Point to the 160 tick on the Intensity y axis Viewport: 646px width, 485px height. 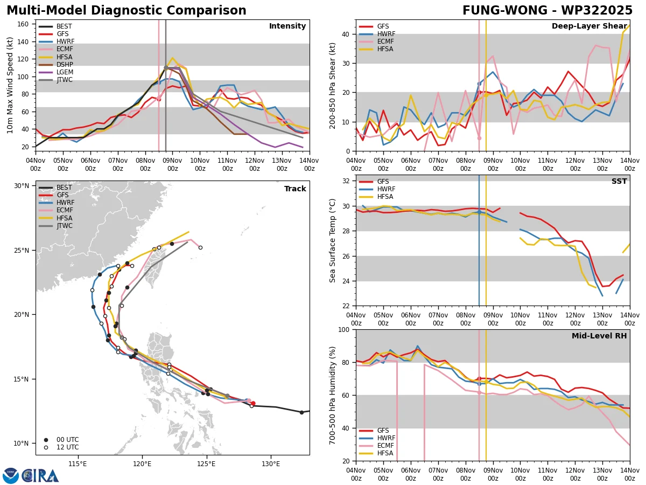click(23, 24)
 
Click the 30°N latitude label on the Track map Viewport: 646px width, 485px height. click(22, 186)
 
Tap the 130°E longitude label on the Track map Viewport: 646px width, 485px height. click(271, 464)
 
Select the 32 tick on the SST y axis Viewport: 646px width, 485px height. click(346, 181)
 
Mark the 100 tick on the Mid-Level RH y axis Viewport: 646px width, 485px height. click(345, 329)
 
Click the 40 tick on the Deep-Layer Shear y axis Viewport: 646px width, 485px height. click(346, 34)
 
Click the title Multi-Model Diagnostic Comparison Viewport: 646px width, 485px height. click(127, 11)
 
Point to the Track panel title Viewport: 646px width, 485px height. click(295, 189)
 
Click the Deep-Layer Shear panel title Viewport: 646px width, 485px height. click(589, 26)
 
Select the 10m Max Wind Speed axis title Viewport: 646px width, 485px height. click(10, 85)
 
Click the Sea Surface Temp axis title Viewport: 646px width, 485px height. click(332, 241)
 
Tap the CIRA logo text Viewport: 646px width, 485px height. click(40, 476)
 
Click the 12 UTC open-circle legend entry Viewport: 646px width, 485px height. click(62, 447)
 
